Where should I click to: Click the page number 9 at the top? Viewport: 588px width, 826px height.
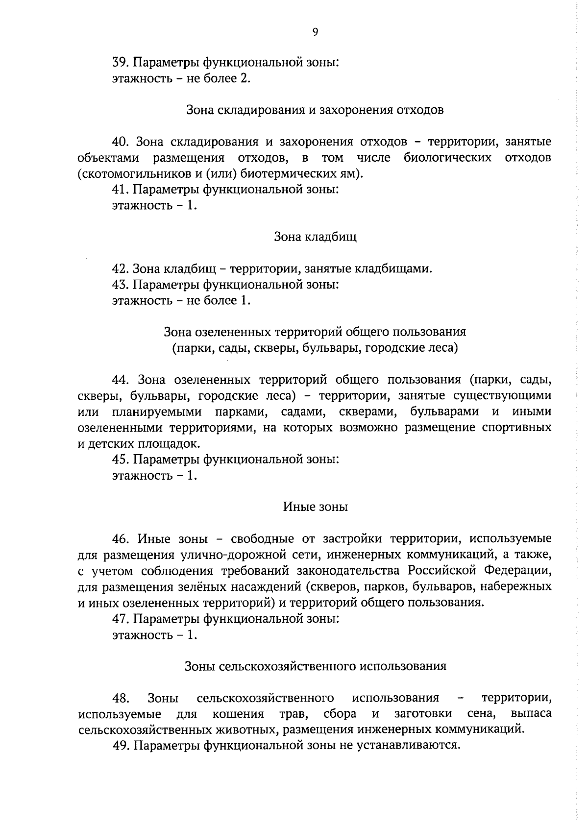click(x=315, y=32)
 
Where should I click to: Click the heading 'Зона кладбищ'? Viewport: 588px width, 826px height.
click(x=315, y=237)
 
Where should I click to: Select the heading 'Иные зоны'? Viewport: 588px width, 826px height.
click(x=315, y=507)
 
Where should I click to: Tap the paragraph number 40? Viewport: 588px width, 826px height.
click(x=120, y=142)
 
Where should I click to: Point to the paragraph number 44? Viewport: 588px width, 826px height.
click(x=120, y=380)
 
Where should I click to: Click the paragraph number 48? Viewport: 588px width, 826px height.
click(x=120, y=698)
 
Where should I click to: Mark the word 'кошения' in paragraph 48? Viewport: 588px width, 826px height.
click(x=238, y=714)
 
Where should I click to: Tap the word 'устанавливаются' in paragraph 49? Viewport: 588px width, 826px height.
click(x=417, y=746)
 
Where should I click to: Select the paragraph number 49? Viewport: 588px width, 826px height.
click(x=120, y=746)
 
